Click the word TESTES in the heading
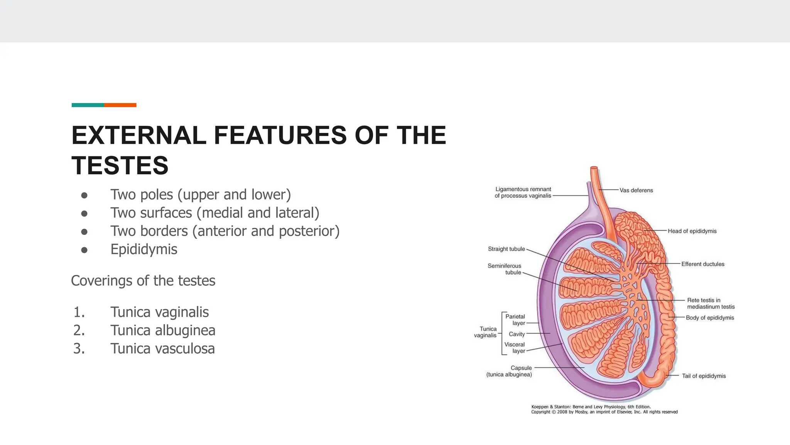tap(120, 165)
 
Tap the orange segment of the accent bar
tap(120, 105)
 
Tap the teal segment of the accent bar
tap(88, 105)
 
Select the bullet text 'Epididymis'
tap(143, 249)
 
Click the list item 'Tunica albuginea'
tap(162, 330)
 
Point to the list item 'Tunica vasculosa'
tap(162, 348)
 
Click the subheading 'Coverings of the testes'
tap(143, 280)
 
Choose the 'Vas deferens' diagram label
tap(636, 190)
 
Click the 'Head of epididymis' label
tap(692, 231)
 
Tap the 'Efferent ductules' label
tap(702, 264)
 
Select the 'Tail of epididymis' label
tap(704, 376)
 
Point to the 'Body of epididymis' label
tap(710, 318)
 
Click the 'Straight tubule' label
tap(506, 249)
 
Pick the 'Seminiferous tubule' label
tap(505, 269)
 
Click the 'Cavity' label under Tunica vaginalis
tap(517, 334)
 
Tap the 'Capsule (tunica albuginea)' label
tap(509, 371)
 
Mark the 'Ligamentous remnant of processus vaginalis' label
tap(523, 192)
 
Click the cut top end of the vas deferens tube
tap(594, 168)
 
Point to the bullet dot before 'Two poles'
tap(84, 195)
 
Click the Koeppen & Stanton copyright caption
tap(604, 409)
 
